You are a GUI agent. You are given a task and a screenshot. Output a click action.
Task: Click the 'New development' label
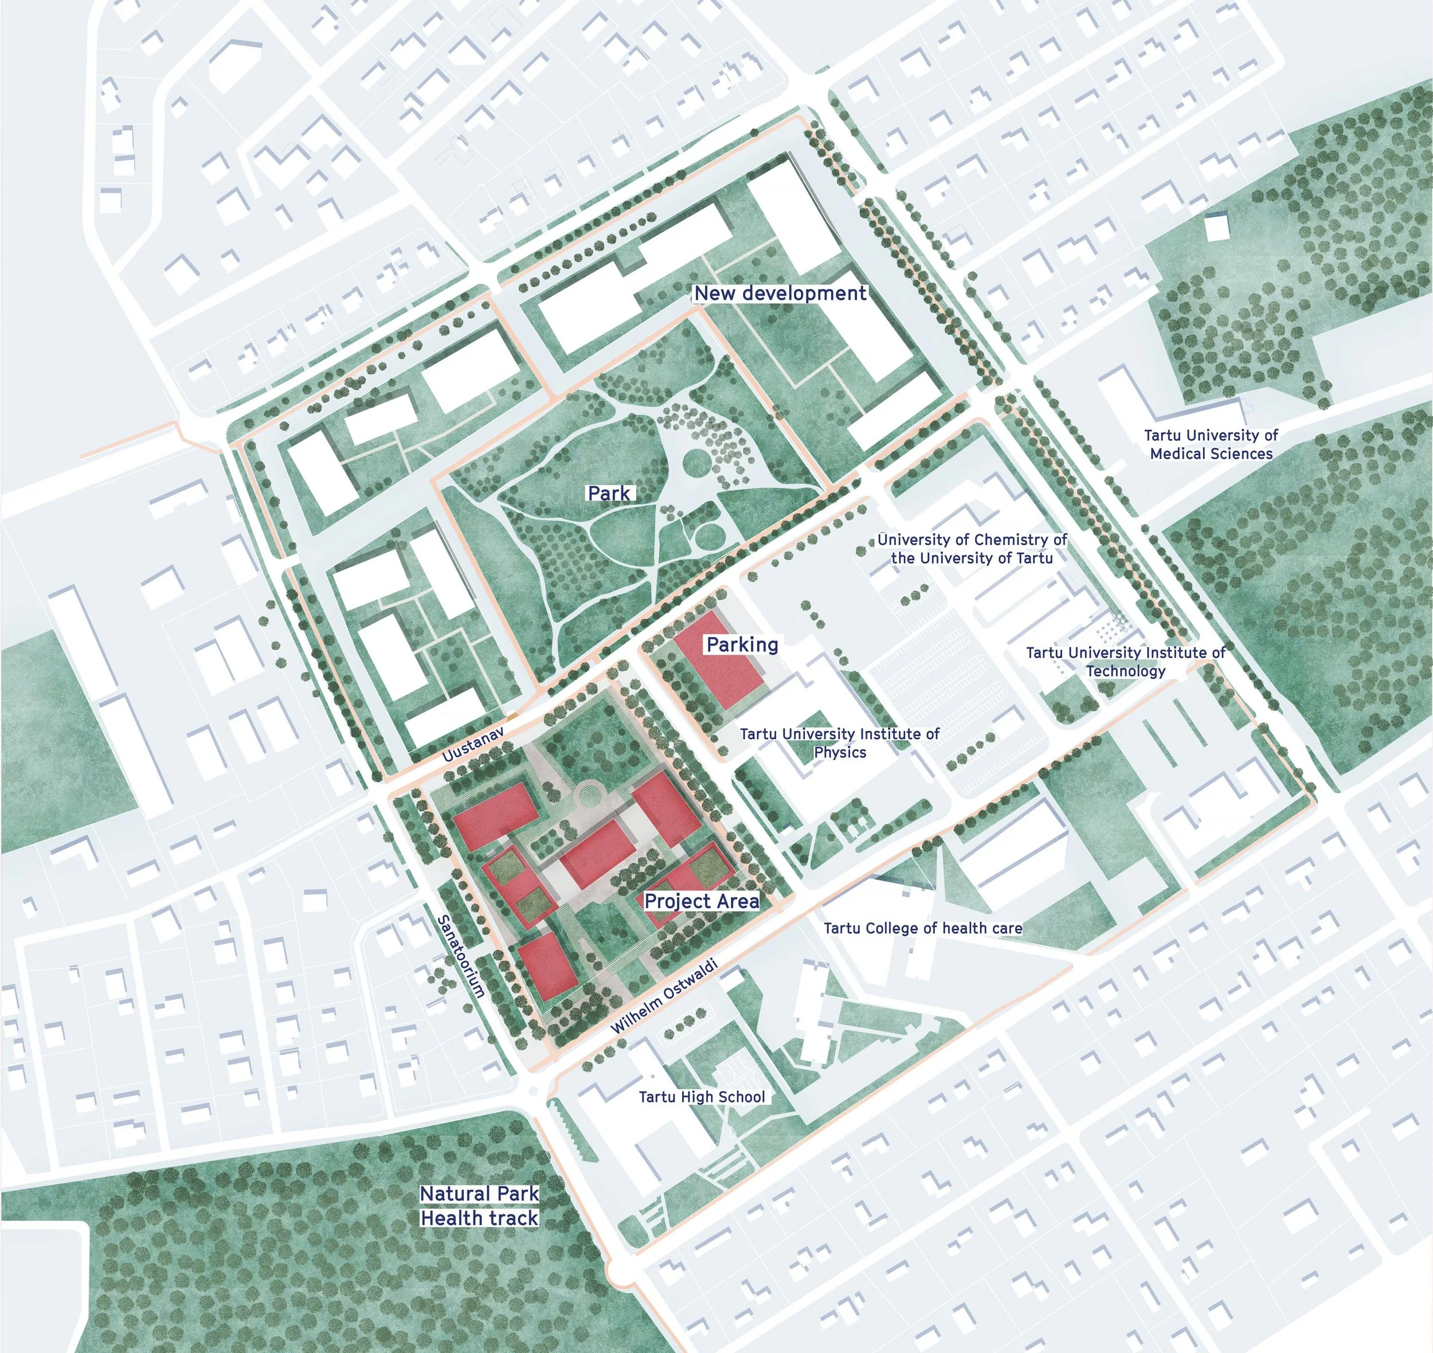click(x=780, y=293)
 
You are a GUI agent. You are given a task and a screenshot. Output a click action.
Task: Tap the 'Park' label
click(x=609, y=493)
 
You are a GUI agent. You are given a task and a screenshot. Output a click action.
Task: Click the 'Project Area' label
click(x=701, y=901)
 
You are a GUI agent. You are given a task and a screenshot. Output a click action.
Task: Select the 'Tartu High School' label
click(x=702, y=1097)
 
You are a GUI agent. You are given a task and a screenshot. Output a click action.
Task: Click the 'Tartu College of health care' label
click(x=922, y=928)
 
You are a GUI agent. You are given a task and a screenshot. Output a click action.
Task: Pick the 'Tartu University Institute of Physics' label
click(x=840, y=743)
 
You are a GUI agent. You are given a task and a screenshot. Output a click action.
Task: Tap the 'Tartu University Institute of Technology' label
click(x=1125, y=662)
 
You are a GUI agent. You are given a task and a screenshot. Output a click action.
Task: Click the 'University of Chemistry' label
click(x=972, y=549)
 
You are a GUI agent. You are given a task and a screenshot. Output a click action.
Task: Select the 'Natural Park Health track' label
click(x=480, y=1206)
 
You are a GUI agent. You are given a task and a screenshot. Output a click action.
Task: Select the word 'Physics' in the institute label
click(x=840, y=752)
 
